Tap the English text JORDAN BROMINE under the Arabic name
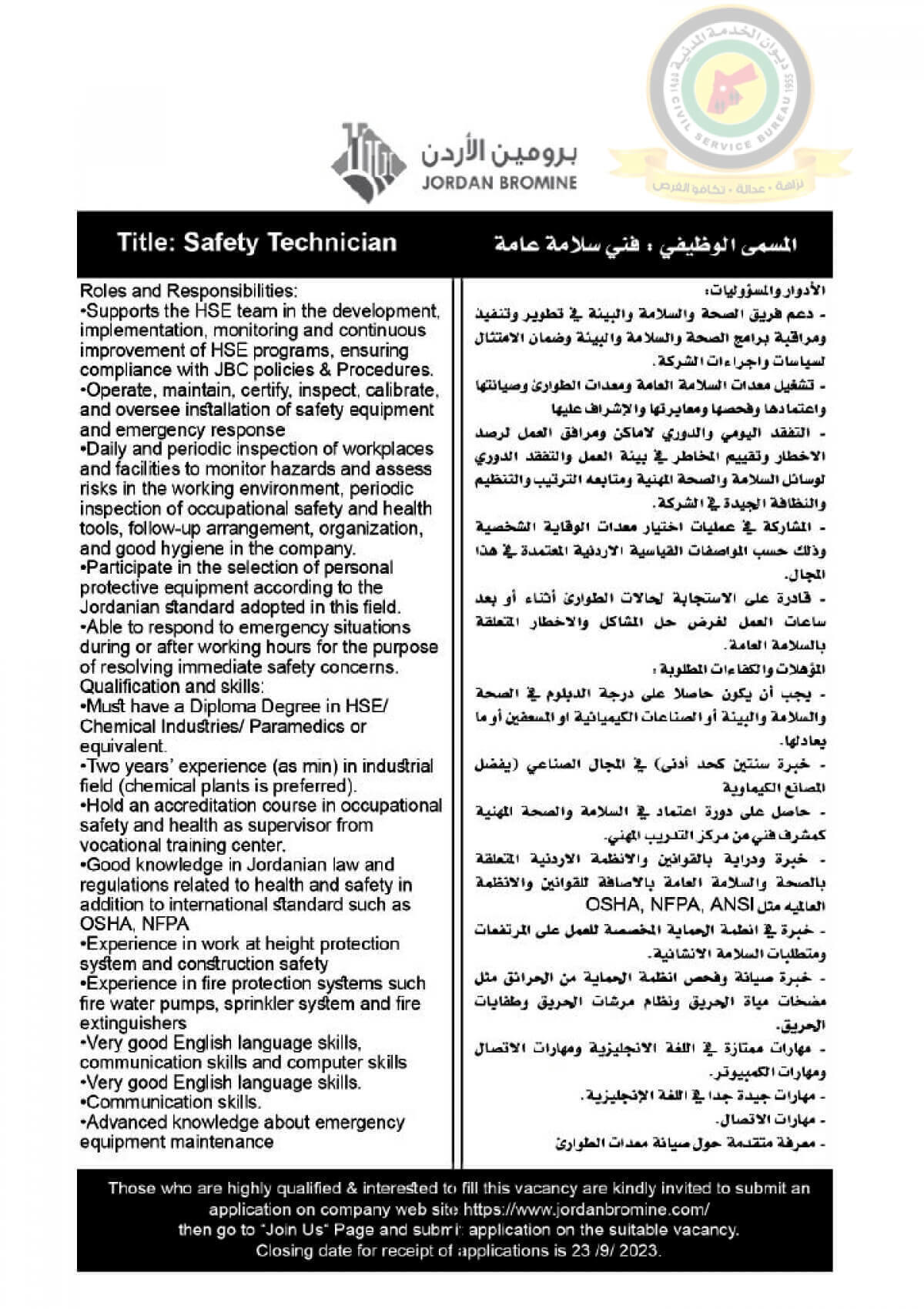coord(499,183)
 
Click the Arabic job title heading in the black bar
coord(645,245)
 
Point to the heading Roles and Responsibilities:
coord(188,291)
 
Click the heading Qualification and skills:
coord(172,686)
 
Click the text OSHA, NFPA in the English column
coord(135,924)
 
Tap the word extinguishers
coord(133,1023)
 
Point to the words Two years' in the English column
coord(124,766)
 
